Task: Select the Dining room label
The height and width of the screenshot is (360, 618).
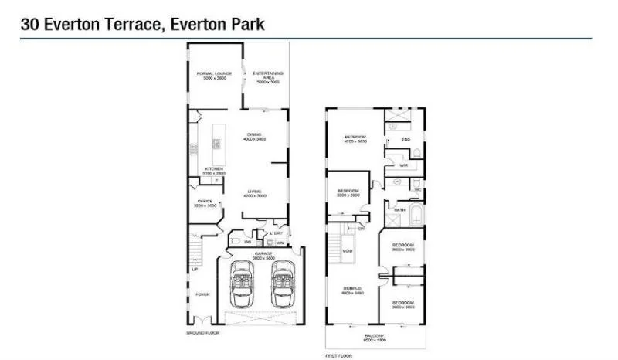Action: pyautogui.click(x=254, y=136)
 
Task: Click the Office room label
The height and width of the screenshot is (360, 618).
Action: pyautogui.click(x=205, y=203)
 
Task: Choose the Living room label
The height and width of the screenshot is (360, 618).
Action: pyautogui.click(x=254, y=193)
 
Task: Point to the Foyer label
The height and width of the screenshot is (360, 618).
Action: pyautogui.click(x=202, y=294)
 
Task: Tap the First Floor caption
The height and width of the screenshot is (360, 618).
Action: pyautogui.click(x=338, y=355)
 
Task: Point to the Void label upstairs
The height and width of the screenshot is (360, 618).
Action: pyautogui.click(x=348, y=251)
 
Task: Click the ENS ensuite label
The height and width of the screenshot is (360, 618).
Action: pyautogui.click(x=406, y=139)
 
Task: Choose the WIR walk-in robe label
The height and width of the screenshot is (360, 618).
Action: pyautogui.click(x=403, y=165)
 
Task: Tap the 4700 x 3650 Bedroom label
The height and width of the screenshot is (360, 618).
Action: pyautogui.click(x=355, y=140)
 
